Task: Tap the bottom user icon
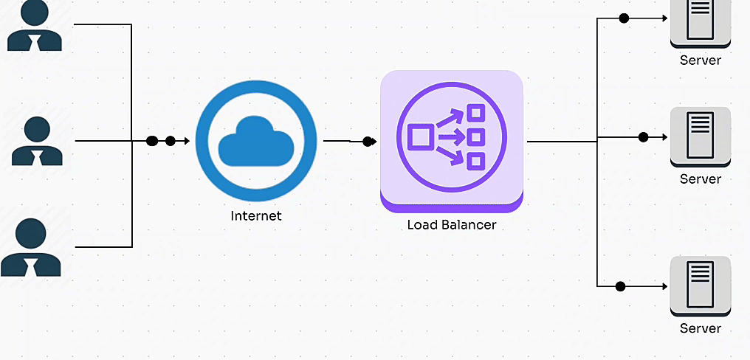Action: click(31, 247)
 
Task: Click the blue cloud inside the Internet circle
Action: click(256, 141)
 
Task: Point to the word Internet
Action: click(256, 216)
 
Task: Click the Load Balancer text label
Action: click(452, 224)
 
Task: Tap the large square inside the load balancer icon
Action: click(420, 137)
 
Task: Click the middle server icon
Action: click(700, 135)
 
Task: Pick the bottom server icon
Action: click(700, 285)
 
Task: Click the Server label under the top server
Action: click(700, 60)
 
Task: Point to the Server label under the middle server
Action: click(700, 179)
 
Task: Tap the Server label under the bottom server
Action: click(700, 328)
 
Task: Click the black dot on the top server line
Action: click(624, 18)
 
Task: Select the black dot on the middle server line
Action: click(643, 137)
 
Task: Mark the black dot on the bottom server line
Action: click(620, 286)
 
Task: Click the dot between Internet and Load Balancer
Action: click(368, 142)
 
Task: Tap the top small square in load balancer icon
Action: click(475, 113)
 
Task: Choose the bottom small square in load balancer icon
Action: click(475, 160)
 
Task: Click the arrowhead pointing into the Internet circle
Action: click(187, 141)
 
